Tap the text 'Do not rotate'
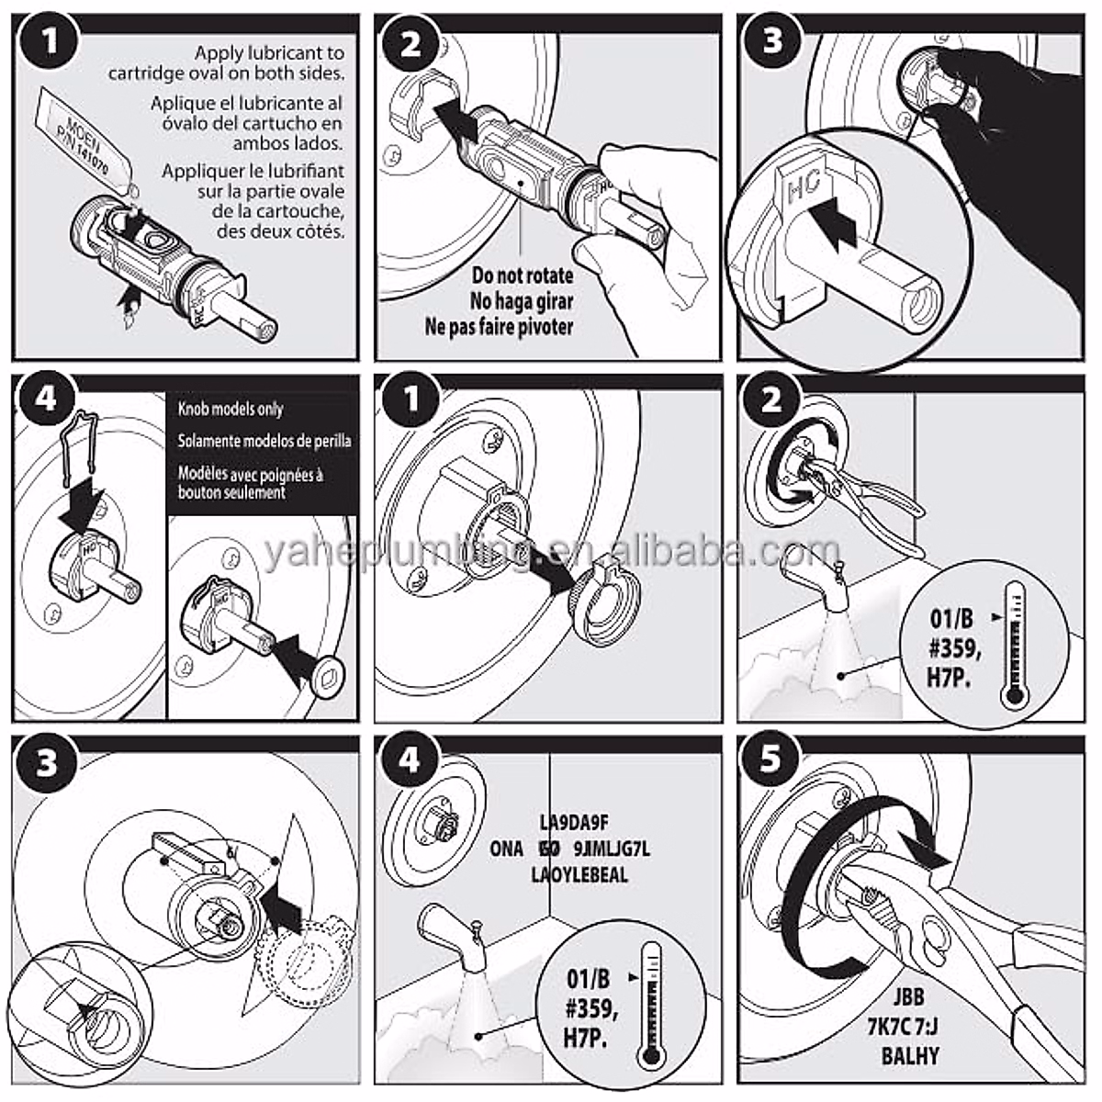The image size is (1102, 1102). [x=523, y=275]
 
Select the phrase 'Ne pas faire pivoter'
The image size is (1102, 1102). [x=499, y=326]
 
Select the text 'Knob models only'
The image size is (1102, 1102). [x=230, y=409]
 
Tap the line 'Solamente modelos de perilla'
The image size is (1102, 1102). [x=264, y=441]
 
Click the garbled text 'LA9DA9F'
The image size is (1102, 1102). [x=574, y=822]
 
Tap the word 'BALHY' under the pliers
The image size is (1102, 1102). [x=910, y=1056]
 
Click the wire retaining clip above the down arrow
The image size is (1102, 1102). [x=84, y=446]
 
